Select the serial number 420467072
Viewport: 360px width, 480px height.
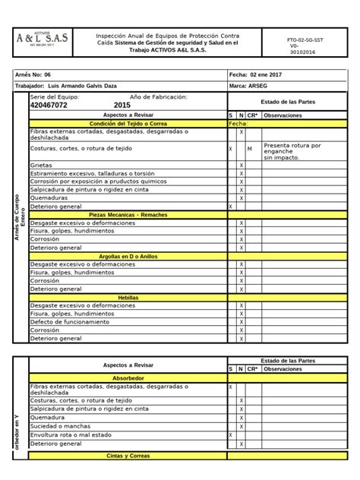coord(49,106)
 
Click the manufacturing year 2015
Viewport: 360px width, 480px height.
coord(122,106)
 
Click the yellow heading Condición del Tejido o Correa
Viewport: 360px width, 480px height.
coord(128,123)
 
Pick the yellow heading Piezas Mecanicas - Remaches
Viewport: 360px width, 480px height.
coord(128,215)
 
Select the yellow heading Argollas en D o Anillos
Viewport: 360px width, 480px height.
coord(128,256)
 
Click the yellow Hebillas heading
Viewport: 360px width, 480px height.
coord(128,297)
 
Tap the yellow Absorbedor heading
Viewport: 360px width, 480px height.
coord(128,377)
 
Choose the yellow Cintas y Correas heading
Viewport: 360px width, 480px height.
coord(128,456)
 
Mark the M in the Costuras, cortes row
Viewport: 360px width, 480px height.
coord(250,149)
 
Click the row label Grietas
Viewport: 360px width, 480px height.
coord(42,165)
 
